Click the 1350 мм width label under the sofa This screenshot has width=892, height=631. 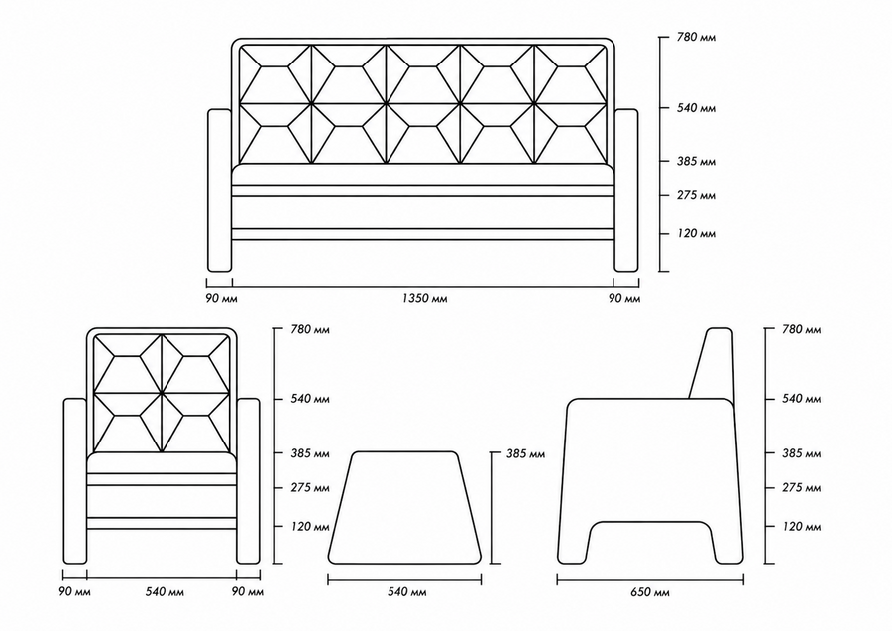click(424, 298)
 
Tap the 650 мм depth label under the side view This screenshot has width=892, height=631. click(649, 593)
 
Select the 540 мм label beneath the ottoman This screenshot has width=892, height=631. click(406, 593)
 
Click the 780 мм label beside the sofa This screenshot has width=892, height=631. click(697, 38)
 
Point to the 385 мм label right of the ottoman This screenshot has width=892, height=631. click(525, 454)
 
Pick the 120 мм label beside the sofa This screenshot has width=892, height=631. click(697, 233)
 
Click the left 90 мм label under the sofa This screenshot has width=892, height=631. click(221, 299)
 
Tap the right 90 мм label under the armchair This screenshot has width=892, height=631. click(248, 592)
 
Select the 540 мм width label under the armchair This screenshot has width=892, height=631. click(165, 592)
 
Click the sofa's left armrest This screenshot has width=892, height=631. click(220, 190)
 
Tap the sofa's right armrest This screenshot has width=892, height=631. click(626, 190)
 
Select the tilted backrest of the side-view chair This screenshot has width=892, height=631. click(711, 363)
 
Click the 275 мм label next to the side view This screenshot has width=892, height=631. click(802, 488)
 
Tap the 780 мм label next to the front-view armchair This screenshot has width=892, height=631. click(310, 329)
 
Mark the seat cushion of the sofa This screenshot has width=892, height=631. click(422, 175)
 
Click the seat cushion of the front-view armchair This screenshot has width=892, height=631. click(162, 463)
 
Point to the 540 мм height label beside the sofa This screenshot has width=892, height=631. click(697, 108)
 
